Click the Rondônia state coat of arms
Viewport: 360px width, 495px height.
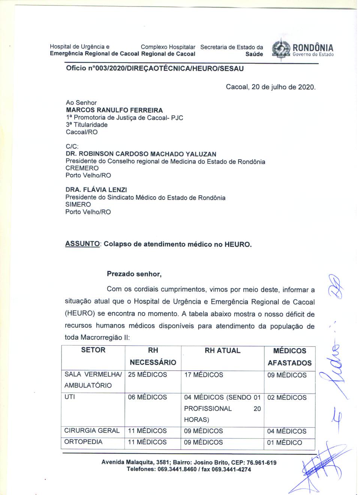[x=281, y=49]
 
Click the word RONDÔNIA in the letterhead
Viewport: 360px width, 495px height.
[x=313, y=48]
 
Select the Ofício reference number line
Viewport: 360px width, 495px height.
[x=155, y=68]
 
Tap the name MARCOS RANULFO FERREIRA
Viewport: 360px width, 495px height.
[x=114, y=110]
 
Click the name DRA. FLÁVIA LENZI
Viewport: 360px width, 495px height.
[x=96, y=190]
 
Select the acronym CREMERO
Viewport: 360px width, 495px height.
[x=82, y=168]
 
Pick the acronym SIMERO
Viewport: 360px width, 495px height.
[x=78, y=204]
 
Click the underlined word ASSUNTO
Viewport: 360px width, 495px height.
[x=82, y=244]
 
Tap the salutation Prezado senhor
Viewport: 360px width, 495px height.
[x=134, y=274]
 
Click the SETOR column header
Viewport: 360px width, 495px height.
[x=93, y=350]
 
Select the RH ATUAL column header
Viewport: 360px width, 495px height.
[x=222, y=350]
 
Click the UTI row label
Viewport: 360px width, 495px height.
[x=70, y=397]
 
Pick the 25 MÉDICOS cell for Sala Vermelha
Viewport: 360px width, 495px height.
[x=147, y=375]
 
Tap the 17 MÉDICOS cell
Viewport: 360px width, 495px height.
[x=204, y=375]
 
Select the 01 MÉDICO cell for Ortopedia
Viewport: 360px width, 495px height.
[x=284, y=442]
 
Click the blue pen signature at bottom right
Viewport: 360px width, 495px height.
[x=319, y=467]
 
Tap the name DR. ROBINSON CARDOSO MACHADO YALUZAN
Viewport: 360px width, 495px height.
[x=141, y=154]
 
